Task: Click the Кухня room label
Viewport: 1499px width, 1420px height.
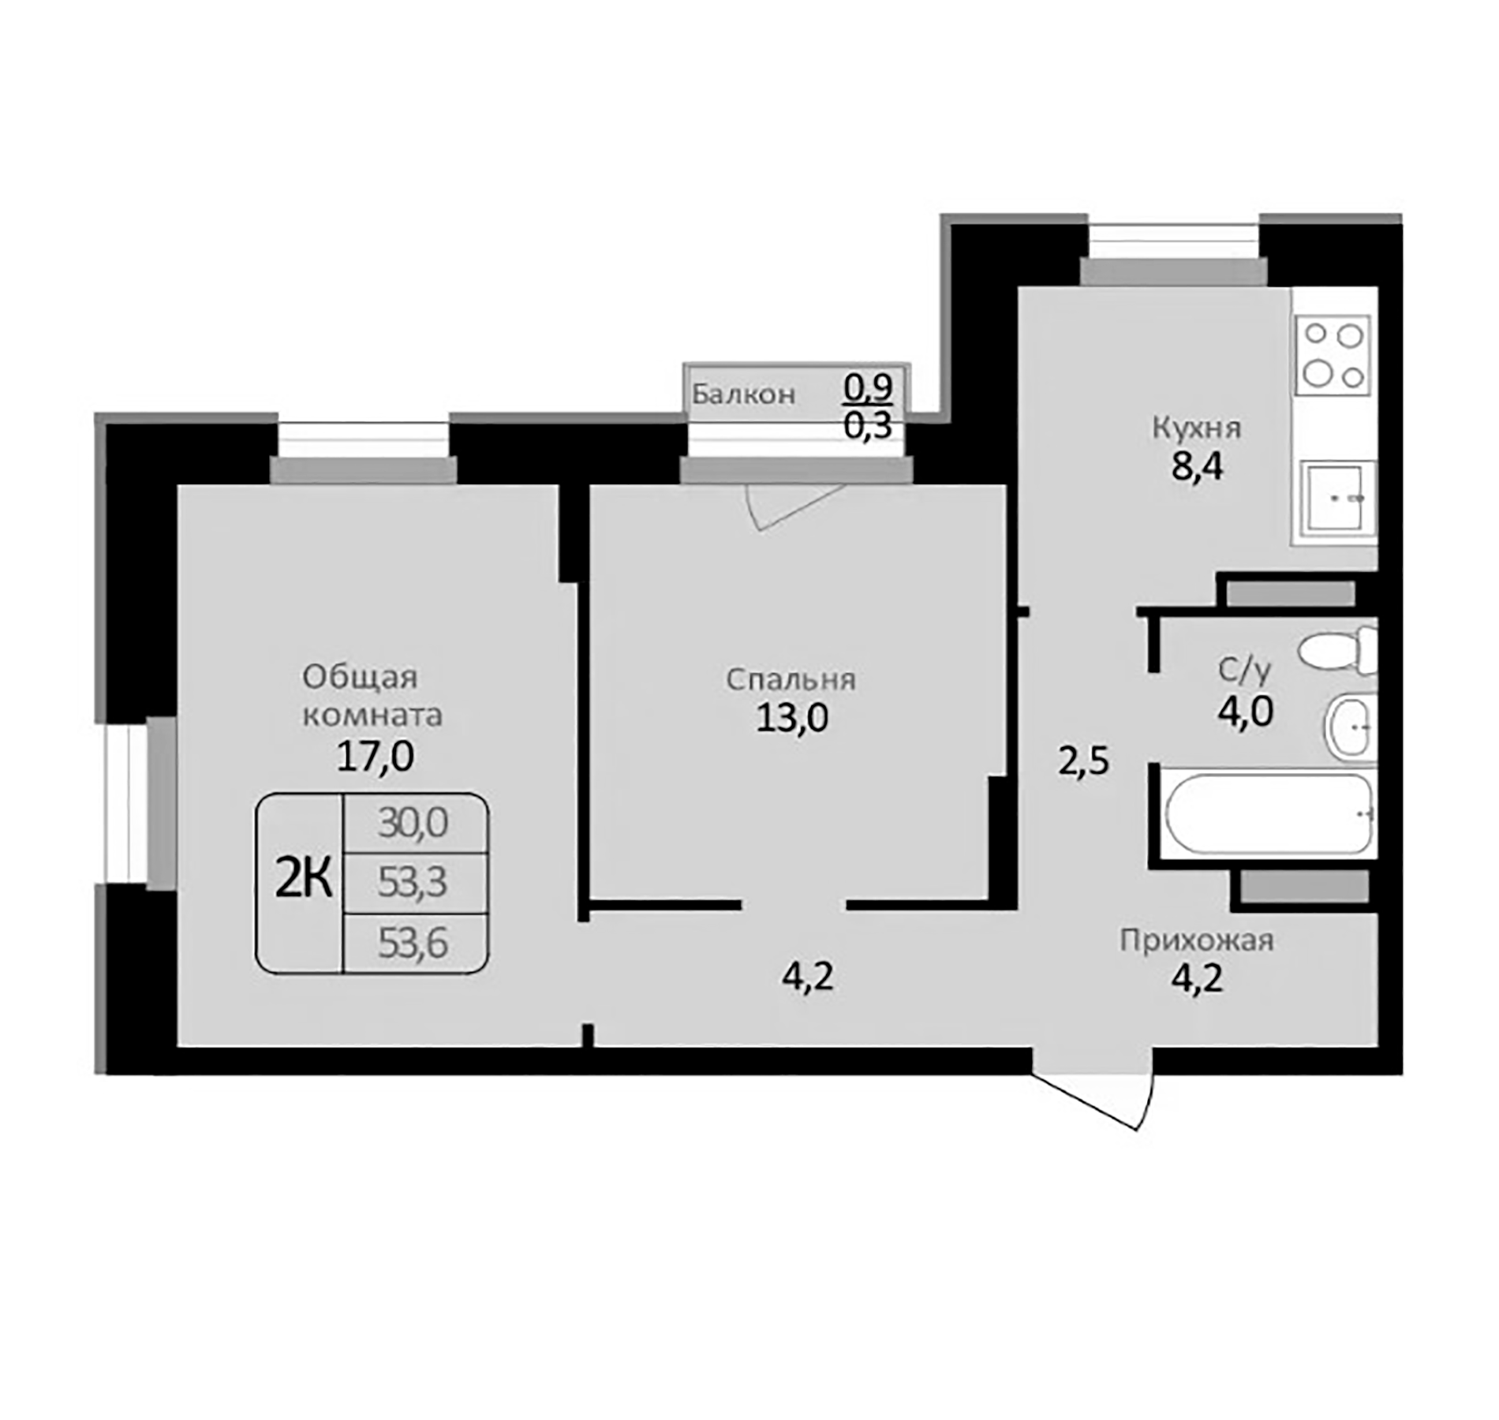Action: click(1196, 428)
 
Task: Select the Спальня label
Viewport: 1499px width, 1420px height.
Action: click(791, 679)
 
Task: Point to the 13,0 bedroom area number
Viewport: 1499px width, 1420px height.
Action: click(792, 718)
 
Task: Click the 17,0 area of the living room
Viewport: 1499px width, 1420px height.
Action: click(375, 757)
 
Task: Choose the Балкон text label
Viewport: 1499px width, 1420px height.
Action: click(743, 394)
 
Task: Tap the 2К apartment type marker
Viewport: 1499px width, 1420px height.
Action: click(303, 881)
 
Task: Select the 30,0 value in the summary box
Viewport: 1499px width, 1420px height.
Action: click(413, 823)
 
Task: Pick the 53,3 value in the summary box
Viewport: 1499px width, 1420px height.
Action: click(413, 882)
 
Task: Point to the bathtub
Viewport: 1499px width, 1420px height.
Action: click(1268, 813)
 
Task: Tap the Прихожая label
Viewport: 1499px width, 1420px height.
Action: click(1196, 940)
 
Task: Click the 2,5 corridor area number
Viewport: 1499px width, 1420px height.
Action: click(1083, 762)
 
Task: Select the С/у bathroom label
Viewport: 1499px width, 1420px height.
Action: click(1244, 671)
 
